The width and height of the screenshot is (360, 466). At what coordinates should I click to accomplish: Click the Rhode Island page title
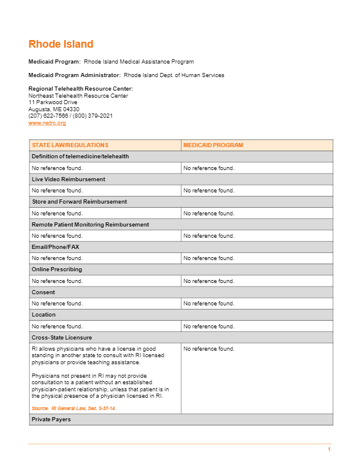pyautogui.click(x=61, y=44)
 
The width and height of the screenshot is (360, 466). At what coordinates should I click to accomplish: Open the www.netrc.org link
pyautogui.click(x=47, y=123)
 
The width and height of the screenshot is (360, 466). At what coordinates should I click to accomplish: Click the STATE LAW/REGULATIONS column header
pyautogui.click(x=70, y=145)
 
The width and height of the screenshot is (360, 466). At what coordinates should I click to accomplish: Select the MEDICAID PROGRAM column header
pyautogui.click(x=213, y=145)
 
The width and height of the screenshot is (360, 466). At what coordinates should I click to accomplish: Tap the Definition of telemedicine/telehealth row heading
pyautogui.click(x=80, y=157)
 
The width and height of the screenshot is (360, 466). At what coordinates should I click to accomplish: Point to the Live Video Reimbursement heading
pyautogui.click(x=68, y=179)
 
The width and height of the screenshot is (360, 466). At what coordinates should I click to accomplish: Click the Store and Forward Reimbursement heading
pyautogui.click(x=79, y=202)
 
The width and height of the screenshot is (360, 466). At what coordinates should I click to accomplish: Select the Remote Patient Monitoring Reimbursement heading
pyautogui.click(x=90, y=224)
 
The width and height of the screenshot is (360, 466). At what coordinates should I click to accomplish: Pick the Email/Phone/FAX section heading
pyautogui.click(x=55, y=247)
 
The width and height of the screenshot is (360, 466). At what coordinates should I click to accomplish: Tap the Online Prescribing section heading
pyautogui.click(x=57, y=269)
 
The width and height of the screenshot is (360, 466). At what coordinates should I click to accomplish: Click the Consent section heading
pyautogui.click(x=44, y=292)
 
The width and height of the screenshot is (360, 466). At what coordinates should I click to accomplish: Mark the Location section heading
pyautogui.click(x=44, y=315)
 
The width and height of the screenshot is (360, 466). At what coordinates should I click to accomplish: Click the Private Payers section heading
pyautogui.click(x=51, y=420)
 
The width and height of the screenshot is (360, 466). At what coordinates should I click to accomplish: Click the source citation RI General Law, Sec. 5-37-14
pyautogui.click(x=74, y=408)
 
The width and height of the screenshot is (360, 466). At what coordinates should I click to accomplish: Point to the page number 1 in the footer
pyautogui.click(x=329, y=450)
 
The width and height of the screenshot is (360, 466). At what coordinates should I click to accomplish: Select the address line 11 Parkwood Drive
pyautogui.click(x=53, y=102)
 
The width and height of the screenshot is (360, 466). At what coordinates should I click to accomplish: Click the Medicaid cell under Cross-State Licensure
pyautogui.click(x=209, y=349)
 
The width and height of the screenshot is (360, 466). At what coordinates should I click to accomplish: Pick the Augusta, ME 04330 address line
pyautogui.click(x=54, y=109)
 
